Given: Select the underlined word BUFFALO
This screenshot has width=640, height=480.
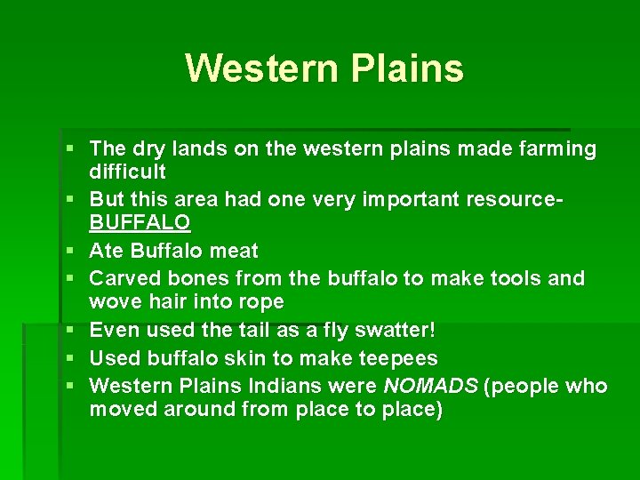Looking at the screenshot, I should click(140, 221).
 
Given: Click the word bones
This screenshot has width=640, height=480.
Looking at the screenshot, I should click(196, 278).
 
